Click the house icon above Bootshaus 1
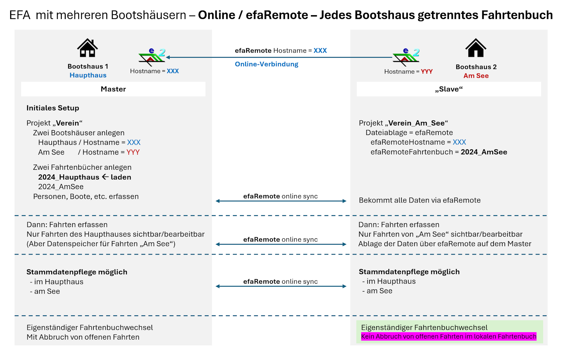pyautogui.click(x=87, y=48)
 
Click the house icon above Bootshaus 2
pyautogui.click(x=476, y=48)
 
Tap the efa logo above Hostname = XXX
pyautogui.click(x=152, y=57)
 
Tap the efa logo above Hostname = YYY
pyautogui.click(x=406, y=57)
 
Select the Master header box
pyautogui.click(x=113, y=89)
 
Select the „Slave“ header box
pyautogui.click(x=449, y=89)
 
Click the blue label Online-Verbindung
pyautogui.click(x=267, y=64)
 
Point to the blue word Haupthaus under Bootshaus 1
pyautogui.click(x=88, y=75)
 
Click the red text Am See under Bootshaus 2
pyautogui.click(x=476, y=76)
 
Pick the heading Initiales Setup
pyautogui.click(x=53, y=108)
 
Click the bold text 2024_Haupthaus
pyautogui.click(x=69, y=177)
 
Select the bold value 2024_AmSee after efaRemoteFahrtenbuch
pyautogui.click(x=484, y=152)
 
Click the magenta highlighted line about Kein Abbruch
pyautogui.click(x=449, y=336)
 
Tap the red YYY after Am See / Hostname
pyautogui.click(x=133, y=152)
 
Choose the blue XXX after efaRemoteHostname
pyautogui.click(x=459, y=142)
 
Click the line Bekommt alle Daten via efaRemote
pyautogui.click(x=419, y=200)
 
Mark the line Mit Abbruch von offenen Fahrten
pyautogui.click(x=83, y=337)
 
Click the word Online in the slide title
pyautogui.click(x=216, y=15)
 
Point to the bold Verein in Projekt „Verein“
pyautogui.click(x=67, y=123)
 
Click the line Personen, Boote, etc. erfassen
pyautogui.click(x=86, y=197)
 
